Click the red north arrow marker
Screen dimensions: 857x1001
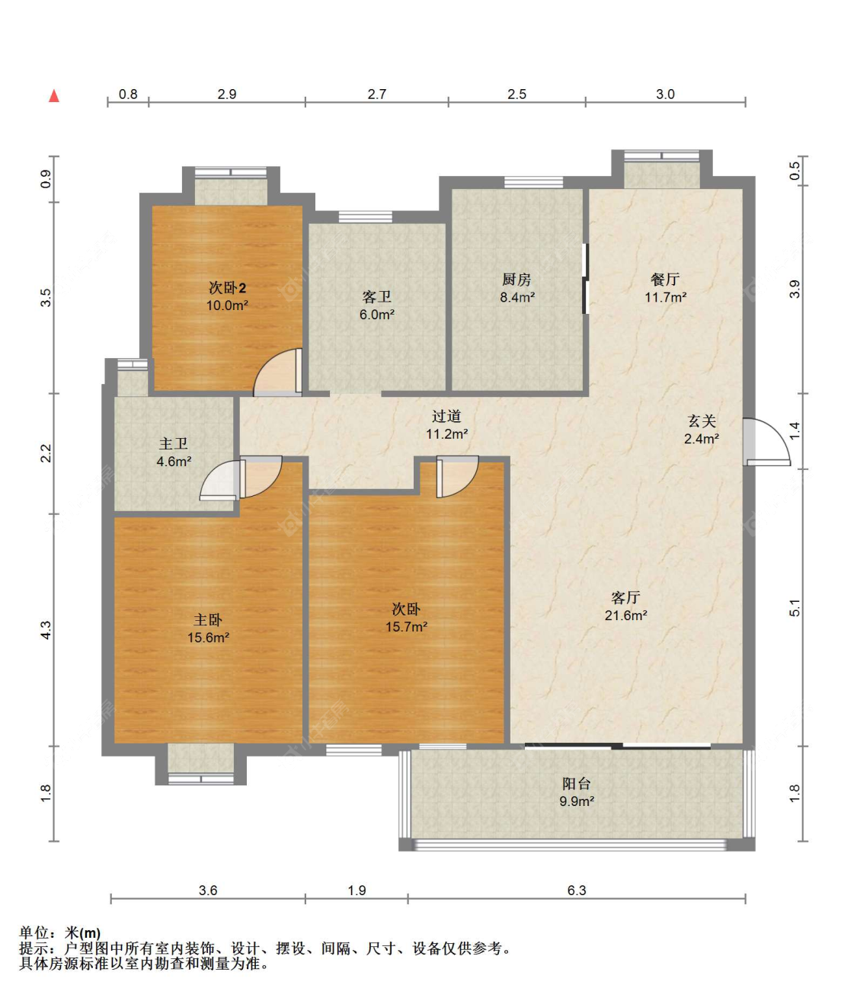pyautogui.click(x=54, y=96)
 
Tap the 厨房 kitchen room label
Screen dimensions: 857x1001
pyautogui.click(x=516, y=280)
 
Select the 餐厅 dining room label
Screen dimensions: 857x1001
pyautogui.click(x=665, y=280)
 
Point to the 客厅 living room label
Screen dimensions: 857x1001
pyautogui.click(x=625, y=597)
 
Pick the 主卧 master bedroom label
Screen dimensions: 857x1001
pyautogui.click(x=208, y=620)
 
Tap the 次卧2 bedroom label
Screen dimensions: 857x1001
pyautogui.click(x=227, y=288)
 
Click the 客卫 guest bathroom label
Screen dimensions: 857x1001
pyautogui.click(x=376, y=296)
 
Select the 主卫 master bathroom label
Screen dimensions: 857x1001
pyautogui.click(x=174, y=443)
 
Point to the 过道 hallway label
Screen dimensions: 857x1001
pyautogui.click(x=446, y=416)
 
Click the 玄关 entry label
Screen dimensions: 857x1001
pyautogui.click(x=702, y=421)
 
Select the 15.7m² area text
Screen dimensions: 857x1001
pyautogui.click(x=406, y=627)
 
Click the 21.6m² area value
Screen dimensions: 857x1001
pyautogui.click(x=625, y=615)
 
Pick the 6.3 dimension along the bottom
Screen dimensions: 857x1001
pyautogui.click(x=576, y=890)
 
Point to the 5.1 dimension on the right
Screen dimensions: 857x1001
pyautogui.click(x=795, y=608)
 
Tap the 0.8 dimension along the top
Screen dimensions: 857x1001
pyautogui.click(x=128, y=94)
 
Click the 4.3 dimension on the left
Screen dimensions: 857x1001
pyautogui.click(x=46, y=629)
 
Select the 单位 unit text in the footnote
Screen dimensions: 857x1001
pyautogui.click(x=34, y=932)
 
